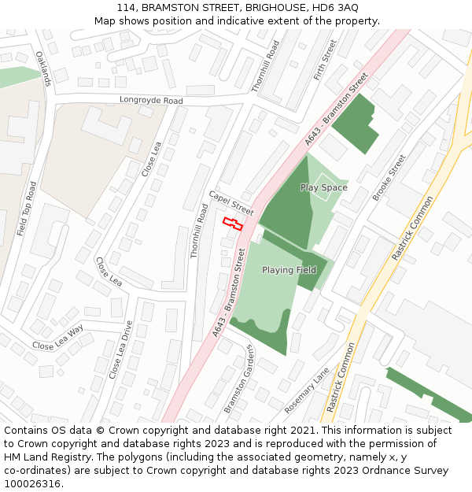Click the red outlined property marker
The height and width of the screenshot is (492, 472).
[232, 224]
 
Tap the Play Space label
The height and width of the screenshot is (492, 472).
[323, 188]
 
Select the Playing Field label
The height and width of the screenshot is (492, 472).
[289, 270]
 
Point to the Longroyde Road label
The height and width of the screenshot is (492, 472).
[151, 101]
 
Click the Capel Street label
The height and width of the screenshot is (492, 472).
[231, 203]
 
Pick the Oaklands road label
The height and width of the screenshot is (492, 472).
[42, 68]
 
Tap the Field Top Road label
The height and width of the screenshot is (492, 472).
[27, 209]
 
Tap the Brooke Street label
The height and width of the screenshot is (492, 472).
[389, 177]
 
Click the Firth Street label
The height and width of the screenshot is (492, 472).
[325, 60]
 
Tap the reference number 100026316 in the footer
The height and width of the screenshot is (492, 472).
[33, 484]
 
